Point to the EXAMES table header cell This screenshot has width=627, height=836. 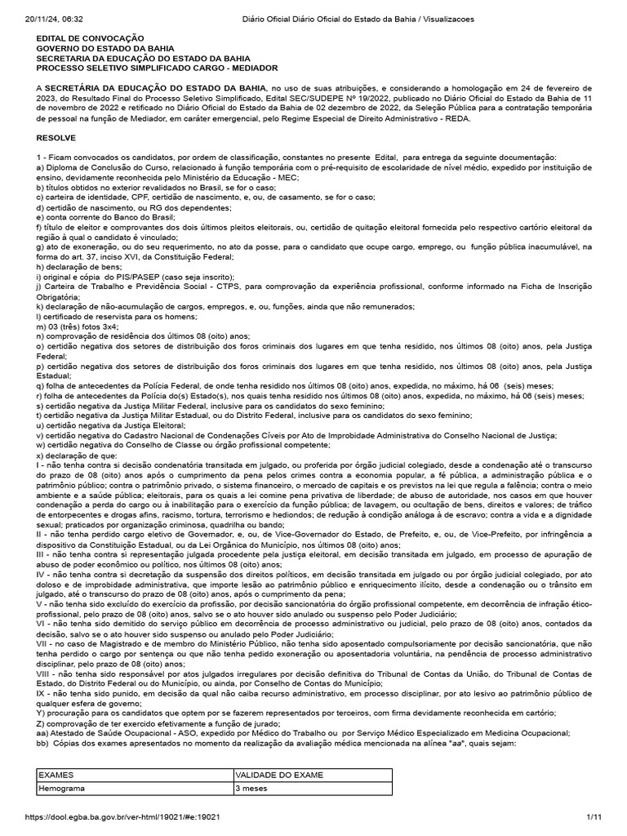[56, 774]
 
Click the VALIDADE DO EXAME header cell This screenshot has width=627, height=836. [279, 774]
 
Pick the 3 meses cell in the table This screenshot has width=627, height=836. [251, 789]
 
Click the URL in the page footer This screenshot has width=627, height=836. [110, 816]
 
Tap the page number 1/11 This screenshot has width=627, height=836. [594, 816]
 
